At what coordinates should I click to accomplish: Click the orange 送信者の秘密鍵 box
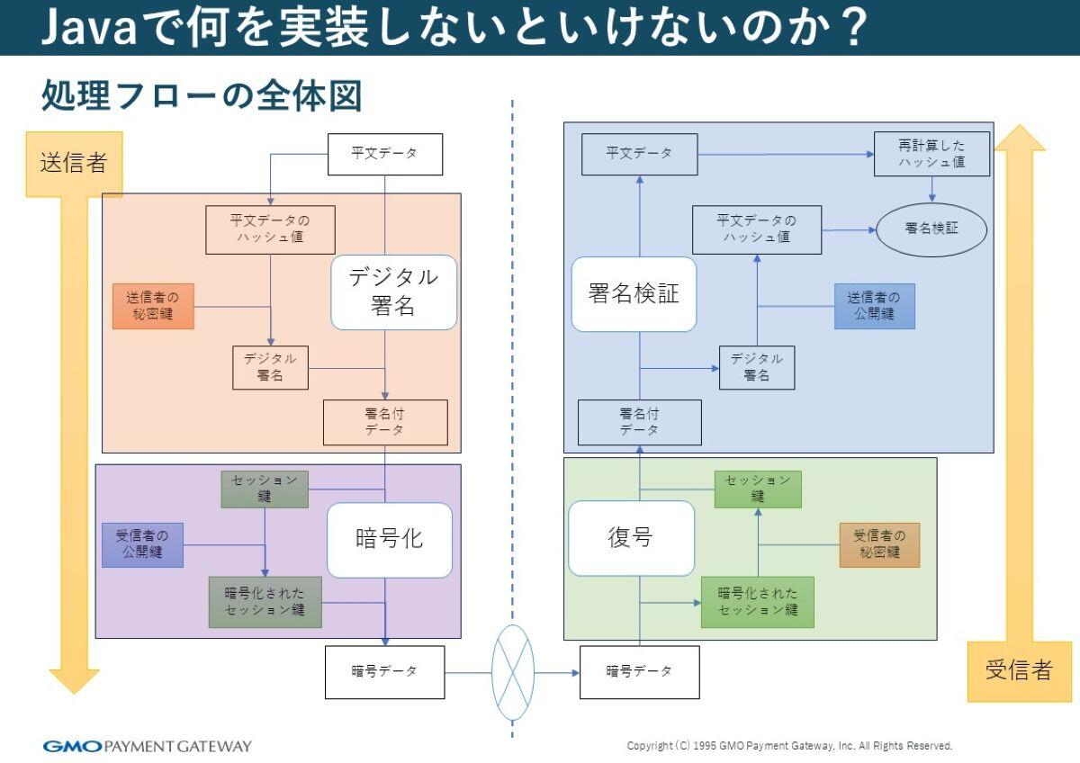(153, 307)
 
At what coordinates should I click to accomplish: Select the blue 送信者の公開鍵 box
(874, 306)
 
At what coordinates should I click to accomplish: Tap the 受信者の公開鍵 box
(142, 544)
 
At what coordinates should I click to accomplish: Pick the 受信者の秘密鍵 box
(879, 544)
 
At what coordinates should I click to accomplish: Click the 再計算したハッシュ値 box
(931, 154)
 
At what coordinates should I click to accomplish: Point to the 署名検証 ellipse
(931, 229)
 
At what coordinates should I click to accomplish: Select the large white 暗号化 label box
(389, 539)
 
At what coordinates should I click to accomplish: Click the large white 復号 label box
(631, 538)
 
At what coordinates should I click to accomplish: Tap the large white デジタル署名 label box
(393, 292)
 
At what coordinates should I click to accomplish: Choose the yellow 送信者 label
(73, 163)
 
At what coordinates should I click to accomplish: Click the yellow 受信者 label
(1019, 670)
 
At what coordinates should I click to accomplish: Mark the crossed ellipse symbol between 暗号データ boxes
(513, 672)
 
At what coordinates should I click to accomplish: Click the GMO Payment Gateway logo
(148, 746)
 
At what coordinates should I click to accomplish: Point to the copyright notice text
(789, 746)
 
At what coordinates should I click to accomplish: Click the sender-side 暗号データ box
(384, 671)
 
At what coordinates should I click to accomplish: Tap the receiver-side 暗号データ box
(639, 671)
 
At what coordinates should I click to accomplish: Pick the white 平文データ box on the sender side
(384, 154)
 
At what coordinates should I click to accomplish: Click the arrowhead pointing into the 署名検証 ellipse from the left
(870, 229)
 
